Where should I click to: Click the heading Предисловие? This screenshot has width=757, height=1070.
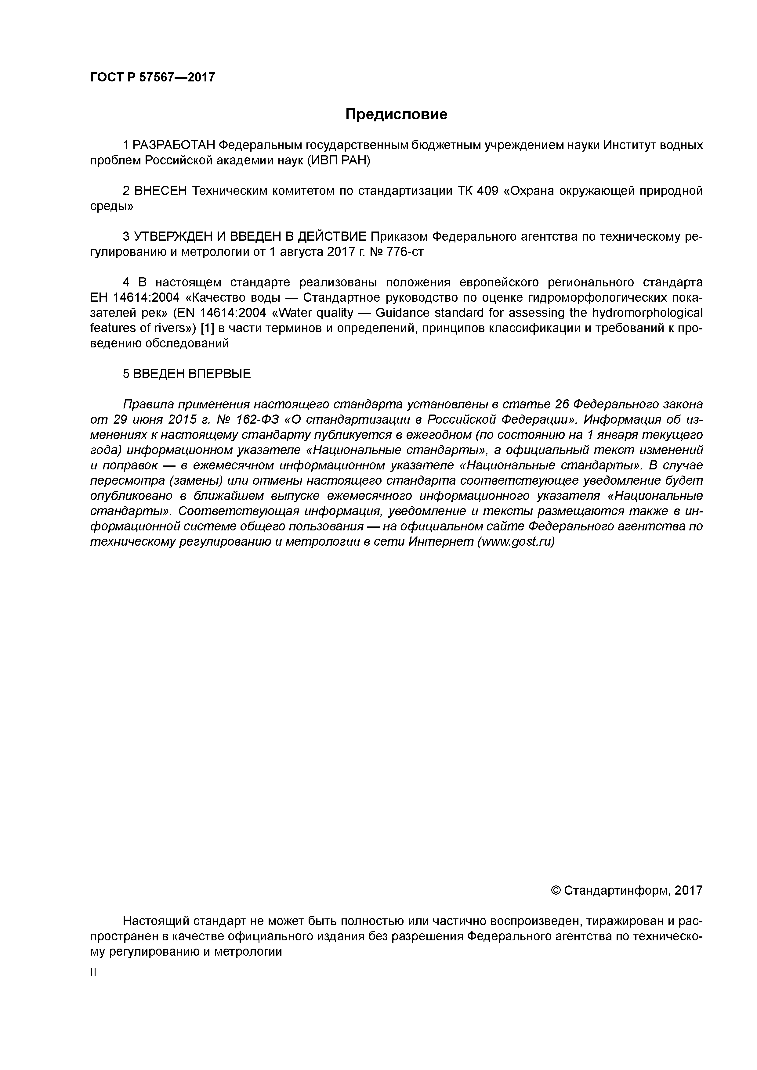tap(396, 115)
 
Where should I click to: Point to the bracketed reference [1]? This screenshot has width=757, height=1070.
tap(207, 328)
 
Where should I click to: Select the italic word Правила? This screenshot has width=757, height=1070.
tap(148, 404)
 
